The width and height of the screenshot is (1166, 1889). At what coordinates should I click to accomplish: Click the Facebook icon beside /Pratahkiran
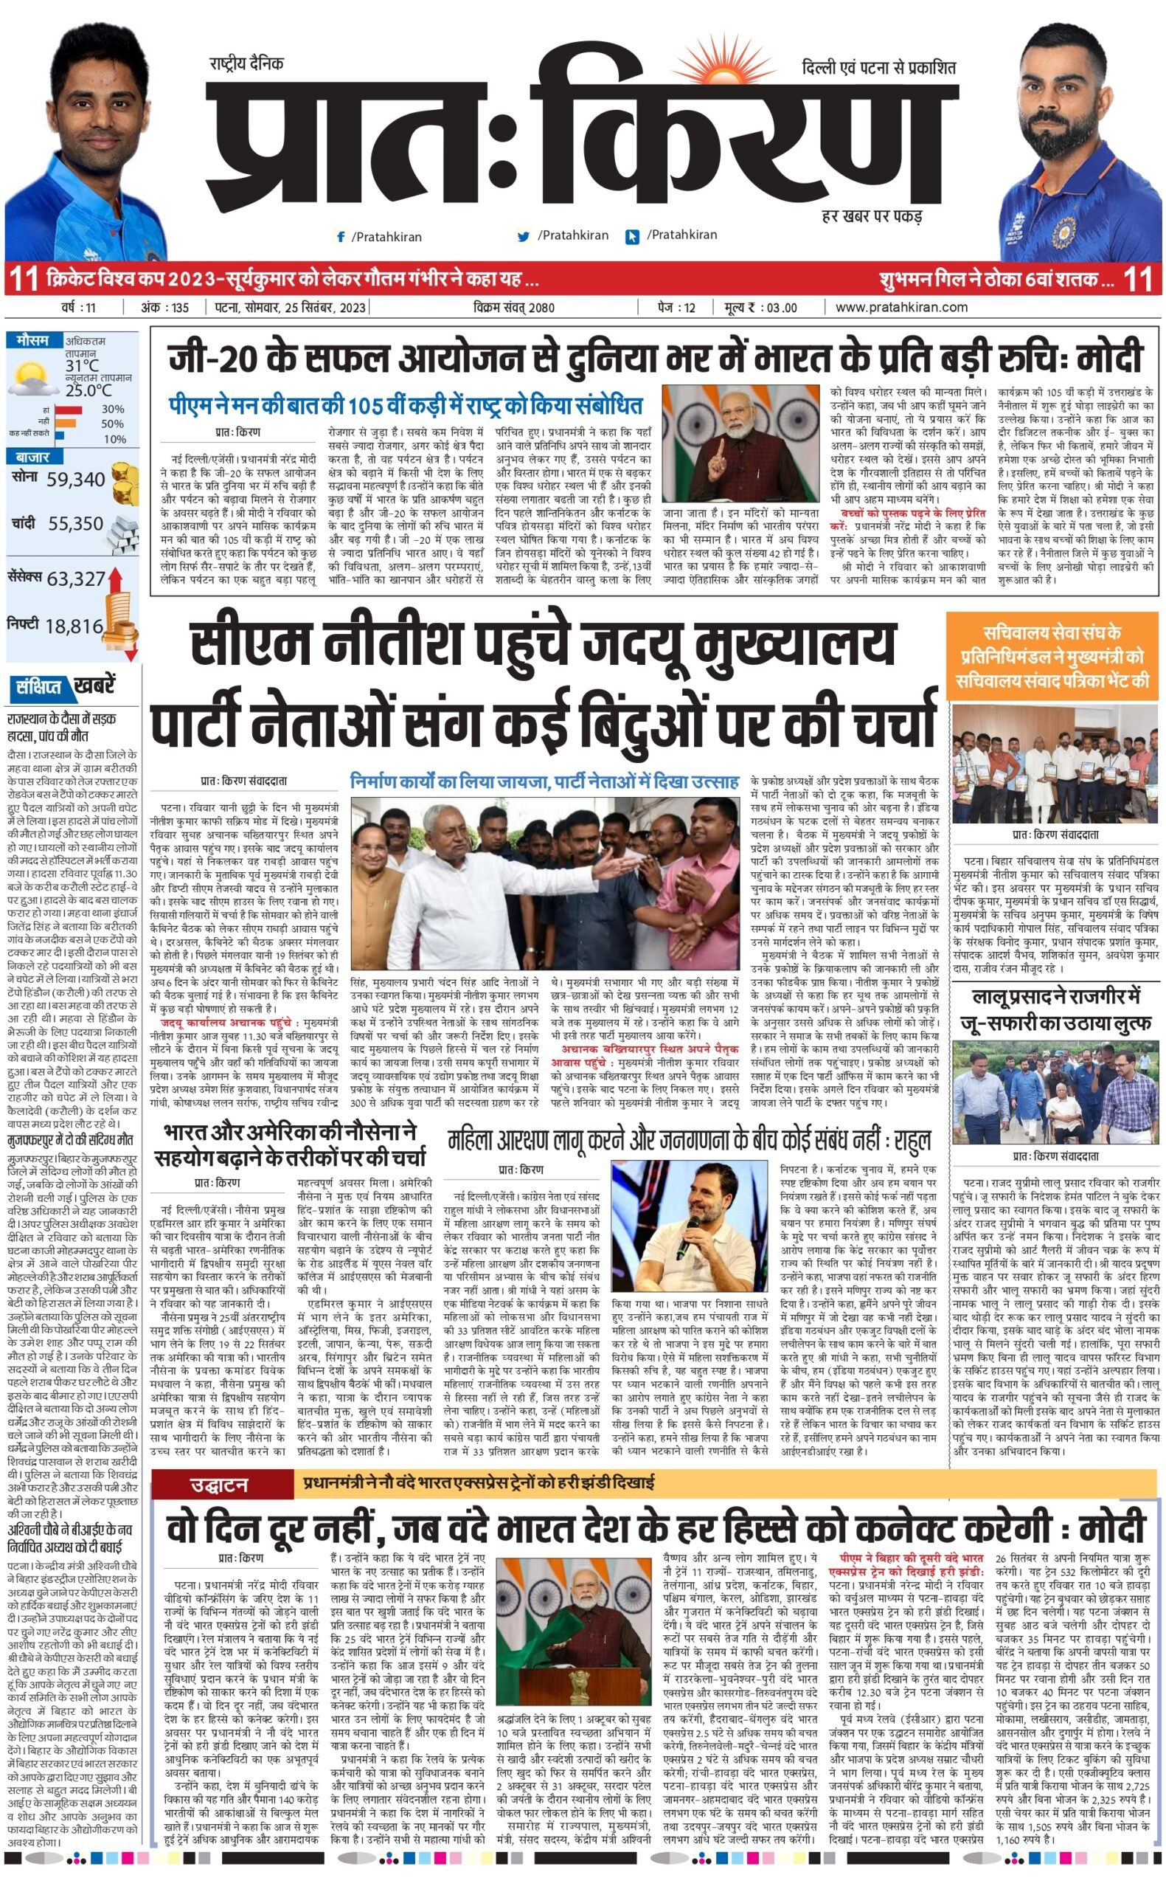340,237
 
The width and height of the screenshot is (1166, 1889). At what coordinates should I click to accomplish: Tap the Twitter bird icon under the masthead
524,236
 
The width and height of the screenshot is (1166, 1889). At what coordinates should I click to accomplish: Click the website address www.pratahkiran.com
900,307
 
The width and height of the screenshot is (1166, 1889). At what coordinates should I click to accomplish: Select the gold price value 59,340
75,480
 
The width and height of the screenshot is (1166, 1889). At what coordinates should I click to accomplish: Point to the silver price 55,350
75,524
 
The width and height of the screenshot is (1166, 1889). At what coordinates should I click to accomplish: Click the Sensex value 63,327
75,579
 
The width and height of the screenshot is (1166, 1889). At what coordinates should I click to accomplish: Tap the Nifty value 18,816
74,626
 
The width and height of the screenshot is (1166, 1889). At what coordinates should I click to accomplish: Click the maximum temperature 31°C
82,365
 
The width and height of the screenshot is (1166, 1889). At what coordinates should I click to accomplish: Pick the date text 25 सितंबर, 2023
317,308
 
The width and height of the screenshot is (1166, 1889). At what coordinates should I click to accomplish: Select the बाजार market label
32,457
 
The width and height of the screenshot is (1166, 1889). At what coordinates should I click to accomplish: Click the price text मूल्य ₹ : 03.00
760,308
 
